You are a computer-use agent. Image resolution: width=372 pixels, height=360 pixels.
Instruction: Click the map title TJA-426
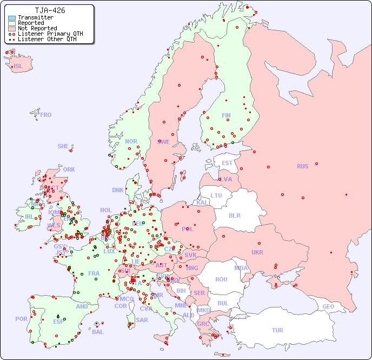click(x=50, y=10)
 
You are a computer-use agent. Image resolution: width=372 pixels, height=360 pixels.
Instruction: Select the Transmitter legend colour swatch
click(x=12, y=18)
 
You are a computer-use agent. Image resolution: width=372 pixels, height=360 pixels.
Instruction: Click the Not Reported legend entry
click(x=37, y=28)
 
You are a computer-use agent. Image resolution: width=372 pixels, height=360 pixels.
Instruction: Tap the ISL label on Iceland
click(x=18, y=67)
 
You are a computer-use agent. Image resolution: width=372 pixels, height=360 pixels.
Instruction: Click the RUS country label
click(x=302, y=166)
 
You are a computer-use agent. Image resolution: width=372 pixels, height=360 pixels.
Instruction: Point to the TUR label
click(x=277, y=330)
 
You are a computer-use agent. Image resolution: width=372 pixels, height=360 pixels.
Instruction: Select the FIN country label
click(x=226, y=115)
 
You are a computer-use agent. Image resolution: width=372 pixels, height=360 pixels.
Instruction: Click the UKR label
click(x=257, y=252)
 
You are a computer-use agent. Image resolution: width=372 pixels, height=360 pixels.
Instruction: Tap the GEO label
click(x=328, y=306)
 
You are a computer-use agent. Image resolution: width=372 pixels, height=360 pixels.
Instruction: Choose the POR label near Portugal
click(x=21, y=319)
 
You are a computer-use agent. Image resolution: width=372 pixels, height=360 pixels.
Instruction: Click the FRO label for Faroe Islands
click(x=46, y=115)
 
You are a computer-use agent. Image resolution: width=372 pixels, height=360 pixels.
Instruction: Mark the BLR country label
click(x=235, y=215)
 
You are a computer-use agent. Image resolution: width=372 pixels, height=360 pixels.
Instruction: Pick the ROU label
click(x=221, y=279)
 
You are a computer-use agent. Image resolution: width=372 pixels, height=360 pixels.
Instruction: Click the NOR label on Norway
click(x=131, y=141)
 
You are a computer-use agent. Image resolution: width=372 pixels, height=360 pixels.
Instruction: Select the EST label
click(x=227, y=163)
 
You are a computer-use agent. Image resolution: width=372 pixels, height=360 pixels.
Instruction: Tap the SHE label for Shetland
click(x=63, y=146)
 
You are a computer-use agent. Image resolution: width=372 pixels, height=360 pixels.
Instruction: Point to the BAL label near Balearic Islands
click(x=97, y=332)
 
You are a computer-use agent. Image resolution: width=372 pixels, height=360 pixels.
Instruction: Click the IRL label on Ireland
click(x=29, y=217)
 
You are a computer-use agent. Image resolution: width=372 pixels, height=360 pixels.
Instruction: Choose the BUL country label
click(x=223, y=303)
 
